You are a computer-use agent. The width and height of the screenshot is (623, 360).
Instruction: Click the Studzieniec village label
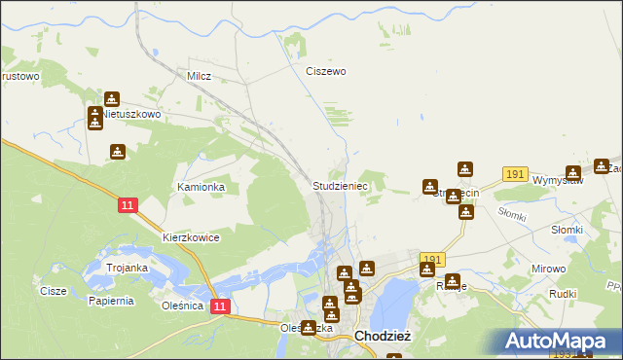[339, 185]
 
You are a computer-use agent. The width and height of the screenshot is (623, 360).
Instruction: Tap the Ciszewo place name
[325, 71]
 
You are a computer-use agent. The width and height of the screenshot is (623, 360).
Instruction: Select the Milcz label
[199, 75]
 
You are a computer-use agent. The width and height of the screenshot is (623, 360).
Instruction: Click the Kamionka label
[201, 186]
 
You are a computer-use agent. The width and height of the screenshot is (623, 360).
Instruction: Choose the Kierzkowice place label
[191, 237]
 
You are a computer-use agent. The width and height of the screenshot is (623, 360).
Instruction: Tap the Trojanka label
[127, 268]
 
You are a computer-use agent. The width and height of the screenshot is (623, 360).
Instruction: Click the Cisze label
[53, 290]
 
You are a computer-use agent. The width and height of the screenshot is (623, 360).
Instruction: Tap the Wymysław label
[564, 180]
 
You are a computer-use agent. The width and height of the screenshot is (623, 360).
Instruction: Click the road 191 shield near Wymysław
[516, 174]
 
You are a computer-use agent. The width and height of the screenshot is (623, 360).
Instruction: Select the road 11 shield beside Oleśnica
[221, 306]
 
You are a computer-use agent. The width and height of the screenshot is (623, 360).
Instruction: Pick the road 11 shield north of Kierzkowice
[128, 205]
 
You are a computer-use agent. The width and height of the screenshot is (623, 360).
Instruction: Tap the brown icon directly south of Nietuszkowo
[118, 152]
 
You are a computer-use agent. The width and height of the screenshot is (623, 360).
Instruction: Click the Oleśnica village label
[183, 305]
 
